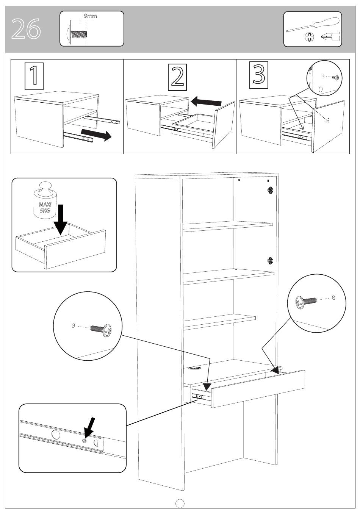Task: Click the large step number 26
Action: (26, 29)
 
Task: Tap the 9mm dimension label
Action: (91, 16)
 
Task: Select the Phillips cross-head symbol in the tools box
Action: (310, 37)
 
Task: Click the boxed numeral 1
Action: (34, 76)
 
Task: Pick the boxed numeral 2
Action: (177, 77)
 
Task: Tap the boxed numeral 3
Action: (259, 75)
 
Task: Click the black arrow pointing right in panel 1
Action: (96, 135)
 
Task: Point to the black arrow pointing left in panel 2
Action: (206, 102)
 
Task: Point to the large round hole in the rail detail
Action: (55, 434)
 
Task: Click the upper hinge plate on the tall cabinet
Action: (271, 190)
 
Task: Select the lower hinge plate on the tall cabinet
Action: (271, 261)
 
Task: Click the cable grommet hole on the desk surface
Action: (194, 368)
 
